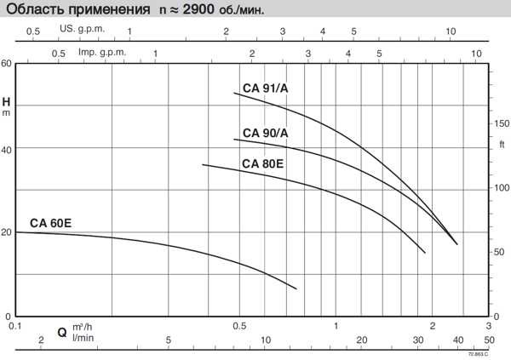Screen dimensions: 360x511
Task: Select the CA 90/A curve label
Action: click(266, 133)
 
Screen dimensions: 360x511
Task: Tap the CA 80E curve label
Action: click(262, 163)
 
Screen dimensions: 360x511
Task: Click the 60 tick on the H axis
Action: click(7, 65)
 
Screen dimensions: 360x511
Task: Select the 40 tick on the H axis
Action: click(7, 149)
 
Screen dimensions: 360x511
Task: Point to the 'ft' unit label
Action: click(502, 145)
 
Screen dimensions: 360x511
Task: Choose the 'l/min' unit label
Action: click(82, 339)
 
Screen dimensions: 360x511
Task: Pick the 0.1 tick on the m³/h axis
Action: click(14, 326)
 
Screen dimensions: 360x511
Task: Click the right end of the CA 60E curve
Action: click(296, 289)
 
